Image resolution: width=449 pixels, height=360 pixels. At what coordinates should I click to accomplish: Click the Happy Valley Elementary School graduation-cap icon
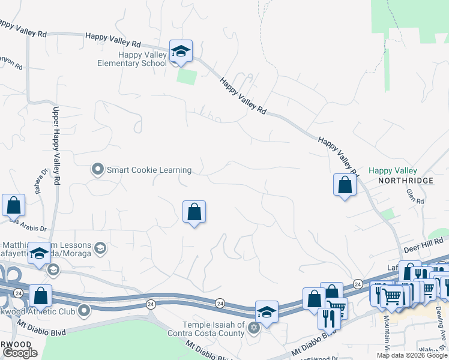point(180,51)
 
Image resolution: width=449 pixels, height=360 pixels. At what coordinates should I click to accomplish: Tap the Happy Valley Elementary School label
point(134,59)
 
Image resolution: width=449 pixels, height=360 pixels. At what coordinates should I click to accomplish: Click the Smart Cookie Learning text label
point(149,170)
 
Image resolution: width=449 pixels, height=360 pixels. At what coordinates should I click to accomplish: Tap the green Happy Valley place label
point(392,171)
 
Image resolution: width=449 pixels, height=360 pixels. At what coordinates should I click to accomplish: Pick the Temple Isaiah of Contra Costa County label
point(205,329)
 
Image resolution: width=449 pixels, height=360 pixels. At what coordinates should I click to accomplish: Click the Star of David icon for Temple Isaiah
point(254,328)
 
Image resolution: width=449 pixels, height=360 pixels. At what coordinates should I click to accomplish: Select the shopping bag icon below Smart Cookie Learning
point(194,211)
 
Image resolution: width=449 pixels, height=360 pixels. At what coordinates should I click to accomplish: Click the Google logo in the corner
point(20,353)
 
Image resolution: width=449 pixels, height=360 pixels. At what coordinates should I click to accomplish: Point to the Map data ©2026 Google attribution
point(412,355)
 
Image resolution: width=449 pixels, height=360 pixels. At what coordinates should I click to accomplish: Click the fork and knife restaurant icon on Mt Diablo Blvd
point(328,318)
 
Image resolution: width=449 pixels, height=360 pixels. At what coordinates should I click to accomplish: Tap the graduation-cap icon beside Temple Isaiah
point(267,312)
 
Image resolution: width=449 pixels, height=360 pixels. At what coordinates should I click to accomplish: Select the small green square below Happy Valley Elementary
point(187,77)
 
